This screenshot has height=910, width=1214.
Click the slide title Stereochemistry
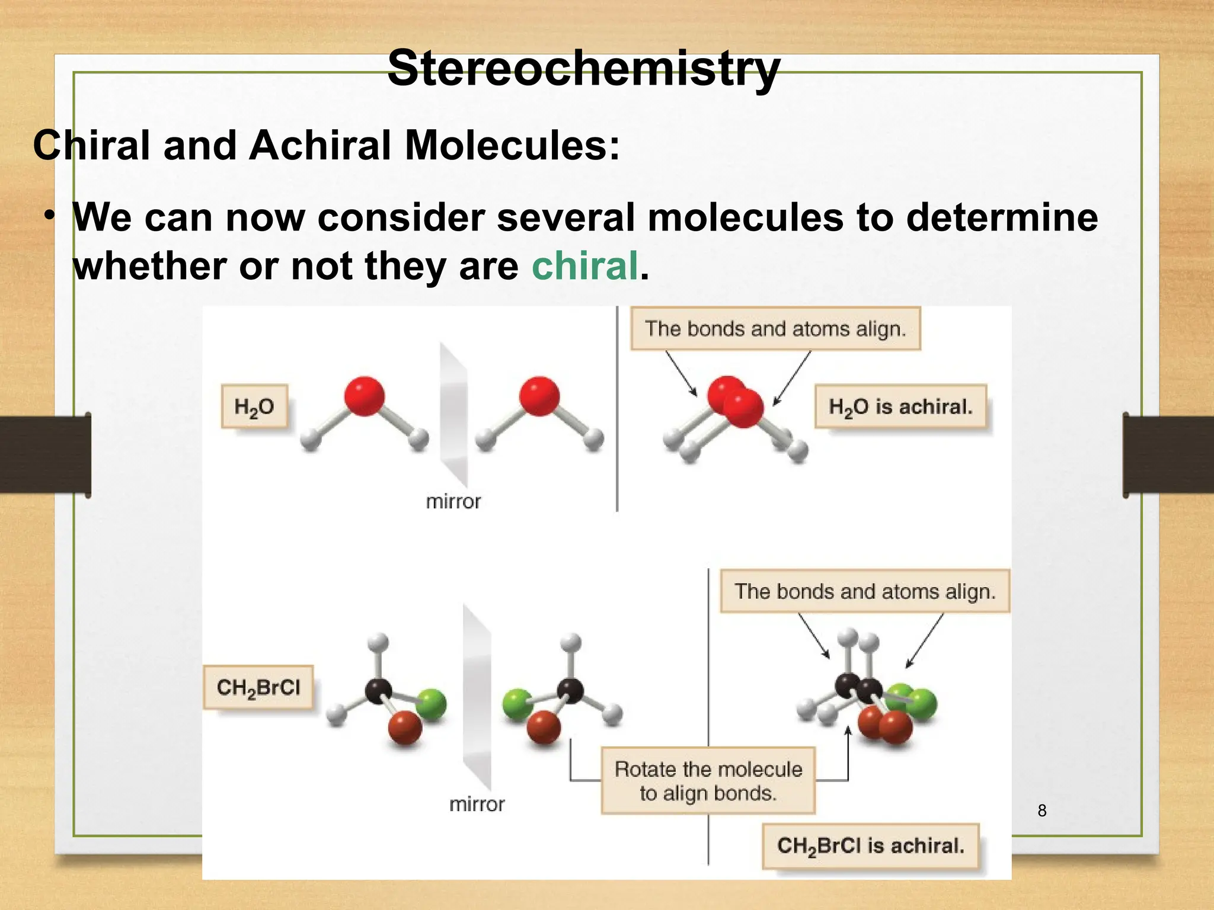pyautogui.click(x=583, y=69)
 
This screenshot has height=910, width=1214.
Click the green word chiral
pyautogui.click(x=584, y=265)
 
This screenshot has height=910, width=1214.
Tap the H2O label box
pyautogui.click(x=254, y=406)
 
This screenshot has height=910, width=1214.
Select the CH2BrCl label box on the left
pyautogui.click(x=258, y=687)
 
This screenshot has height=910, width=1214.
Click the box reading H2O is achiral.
pyautogui.click(x=900, y=406)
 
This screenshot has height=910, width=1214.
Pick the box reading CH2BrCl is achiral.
pyautogui.click(x=870, y=845)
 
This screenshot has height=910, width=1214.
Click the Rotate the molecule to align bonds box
pyautogui.click(x=708, y=780)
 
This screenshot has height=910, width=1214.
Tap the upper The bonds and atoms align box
pyautogui.click(x=775, y=329)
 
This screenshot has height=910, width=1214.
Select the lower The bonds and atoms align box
pyautogui.click(x=865, y=591)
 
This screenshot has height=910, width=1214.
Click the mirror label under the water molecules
pyautogui.click(x=453, y=502)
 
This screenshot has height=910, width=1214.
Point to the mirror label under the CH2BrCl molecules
pyautogui.click(x=477, y=804)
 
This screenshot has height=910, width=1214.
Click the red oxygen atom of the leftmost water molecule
pyautogui.click(x=364, y=396)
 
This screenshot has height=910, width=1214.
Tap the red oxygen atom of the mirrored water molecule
pyautogui.click(x=539, y=396)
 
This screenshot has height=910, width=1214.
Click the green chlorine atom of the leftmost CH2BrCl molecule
pyautogui.click(x=432, y=704)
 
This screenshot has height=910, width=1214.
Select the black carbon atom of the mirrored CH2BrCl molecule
pyautogui.click(x=570, y=690)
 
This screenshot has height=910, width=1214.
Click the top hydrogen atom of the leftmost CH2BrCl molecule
pyautogui.click(x=378, y=642)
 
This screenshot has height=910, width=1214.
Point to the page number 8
pyautogui.click(x=1042, y=810)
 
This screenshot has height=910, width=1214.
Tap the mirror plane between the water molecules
pyautogui.click(x=453, y=415)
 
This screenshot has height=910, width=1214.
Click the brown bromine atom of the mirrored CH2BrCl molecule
pyautogui.click(x=544, y=728)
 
